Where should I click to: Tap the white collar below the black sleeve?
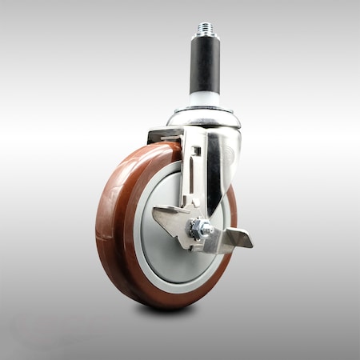click(x=202, y=99)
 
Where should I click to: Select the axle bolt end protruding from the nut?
click(x=206, y=230)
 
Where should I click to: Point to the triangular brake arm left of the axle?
click(x=170, y=221)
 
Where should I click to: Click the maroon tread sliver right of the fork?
click(x=232, y=200)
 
